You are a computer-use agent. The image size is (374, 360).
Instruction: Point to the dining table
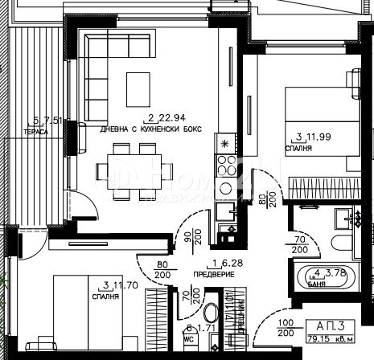pyautogui.click(x=135, y=170)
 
